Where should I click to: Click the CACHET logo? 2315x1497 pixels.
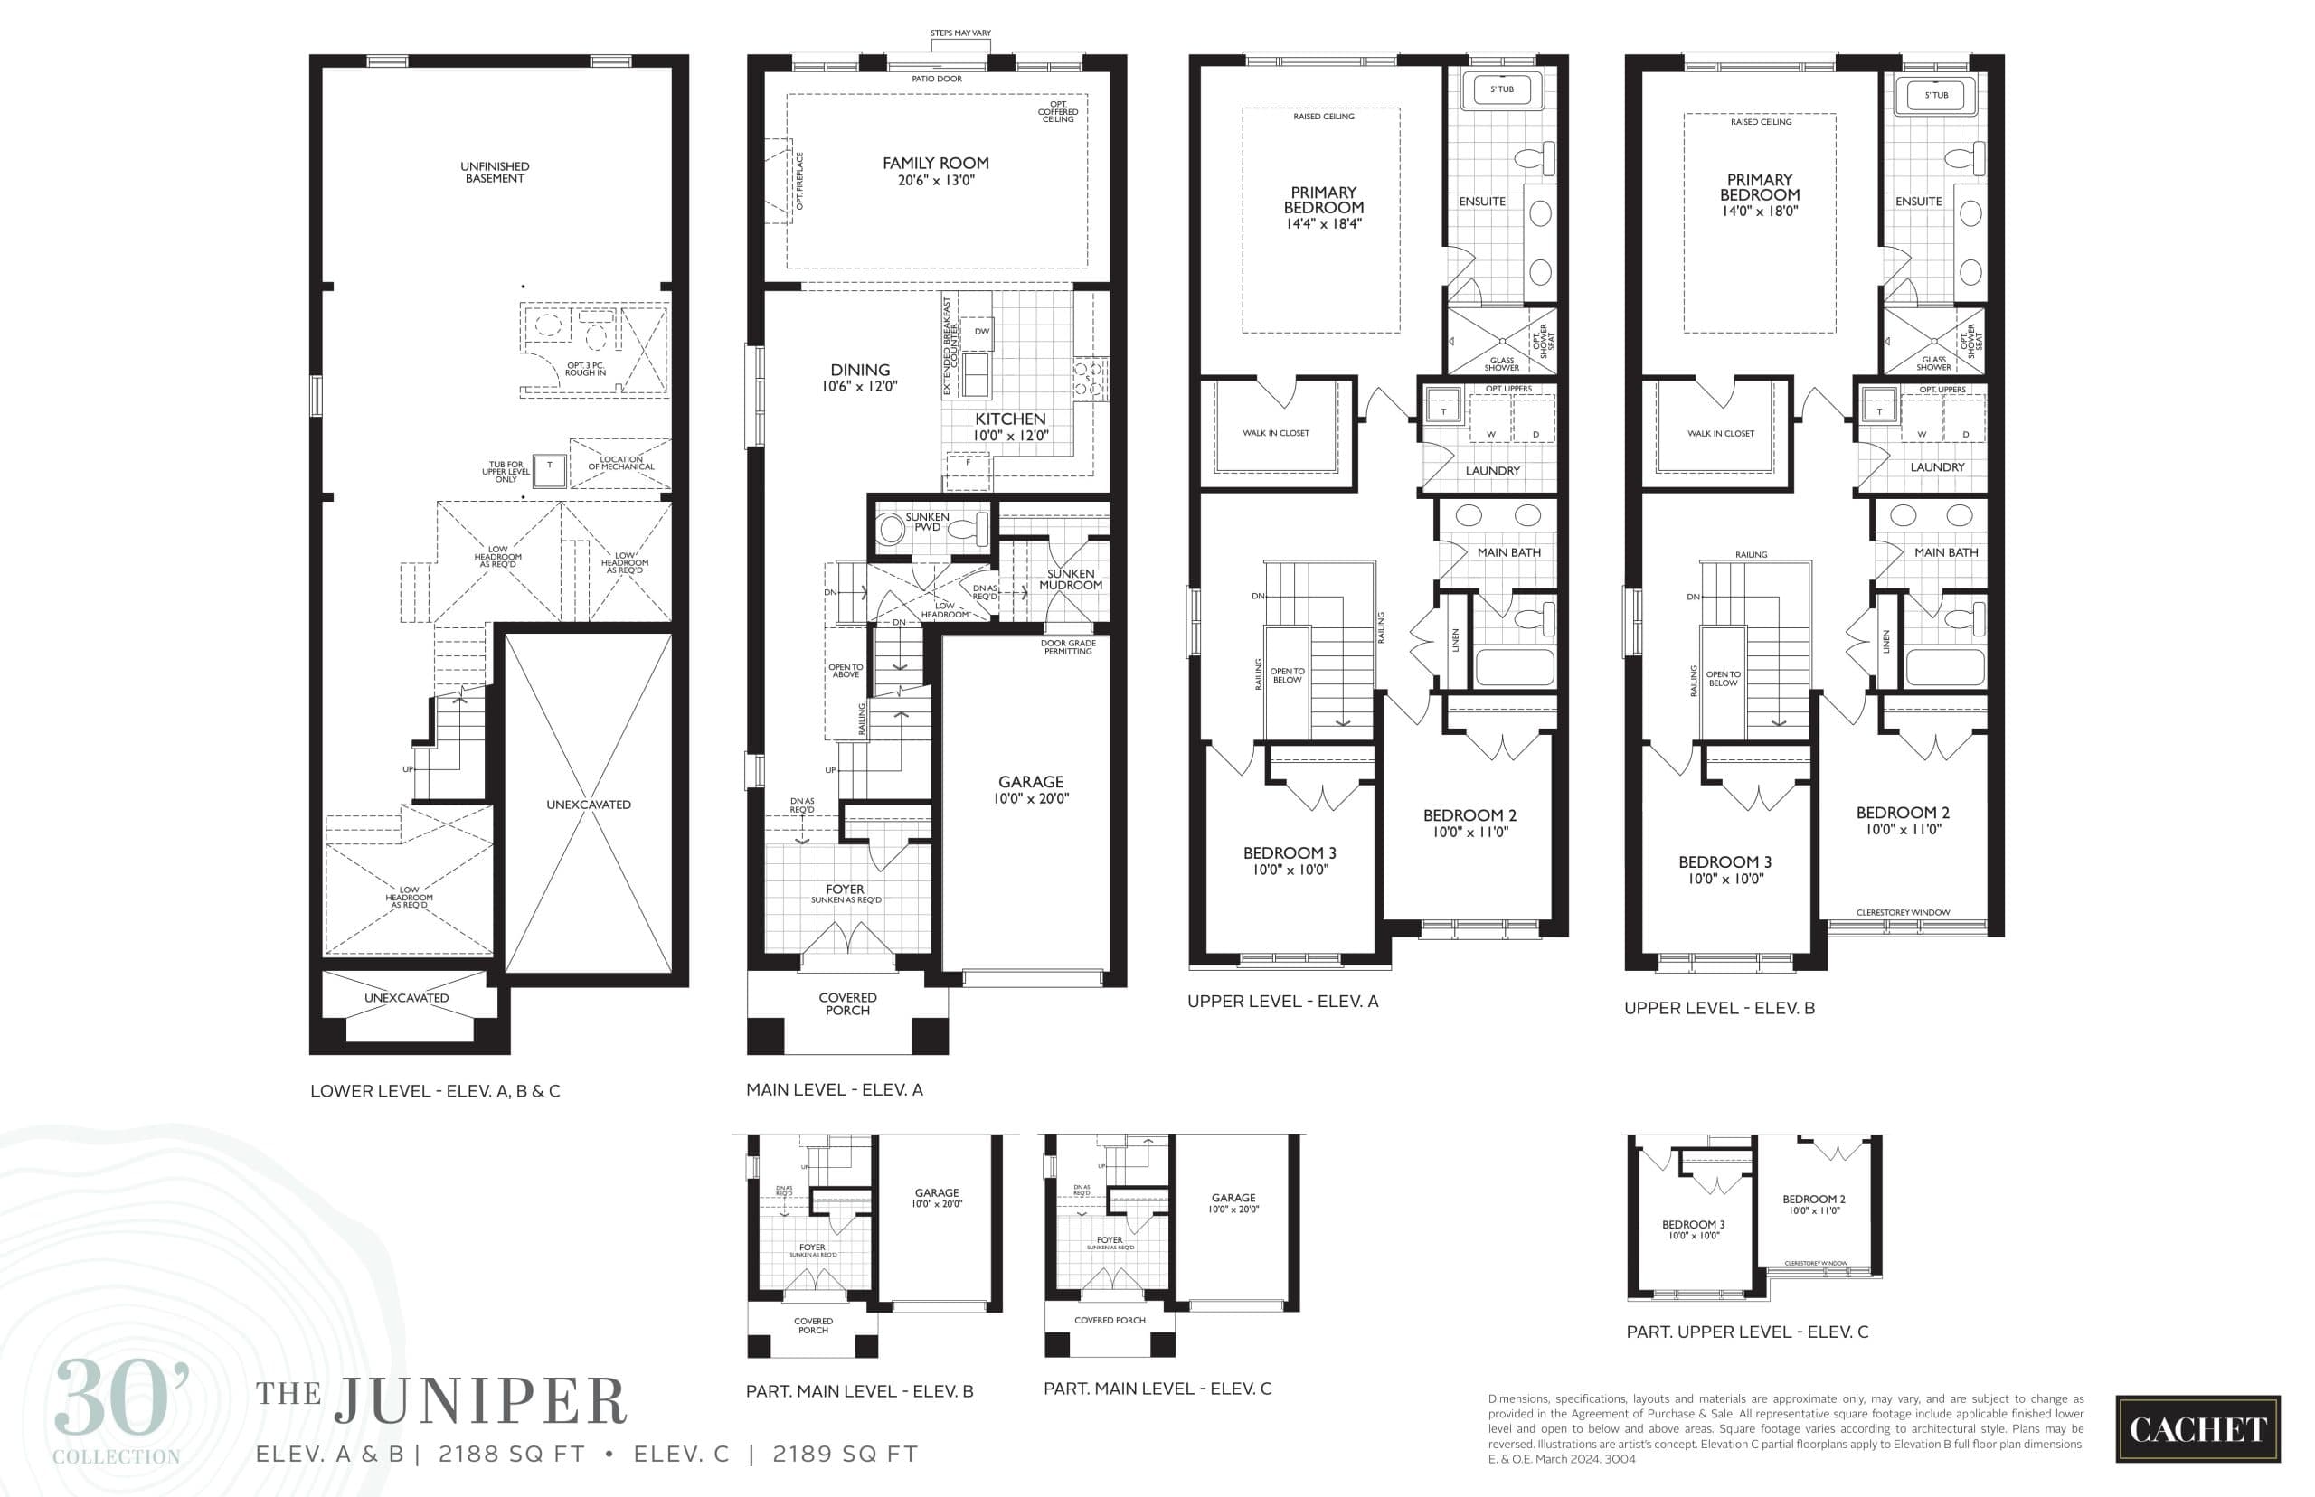pyautogui.click(x=2197, y=1428)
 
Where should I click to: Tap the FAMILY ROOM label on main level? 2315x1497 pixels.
pyautogui.click(x=935, y=164)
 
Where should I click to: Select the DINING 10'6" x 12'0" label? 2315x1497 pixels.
pyautogui.click(x=859, y=377)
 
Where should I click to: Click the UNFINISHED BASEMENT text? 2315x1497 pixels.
pyautogui.click(x=494, y=172)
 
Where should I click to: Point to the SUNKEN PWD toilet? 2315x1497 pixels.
pyautogui.click(x=969, y=530)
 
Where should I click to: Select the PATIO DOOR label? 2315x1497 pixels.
pyautogui.click(x=936, y=79)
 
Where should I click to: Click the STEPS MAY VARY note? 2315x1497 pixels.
pyautogui.click(x=959, y=33)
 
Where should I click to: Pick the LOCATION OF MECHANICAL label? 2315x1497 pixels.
pyautogui.click(x=620, y=463)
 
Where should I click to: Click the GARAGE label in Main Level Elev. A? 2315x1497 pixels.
pyautogui.click(x=1031, y=782)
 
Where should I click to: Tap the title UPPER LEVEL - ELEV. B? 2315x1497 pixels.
pyautogui.click(x=1718, y=1008)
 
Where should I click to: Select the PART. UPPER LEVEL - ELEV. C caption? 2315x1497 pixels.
pyautogui.click(x=1746, y=1332)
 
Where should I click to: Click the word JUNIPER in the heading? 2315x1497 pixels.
pyautogui.click(x=481, y=1402)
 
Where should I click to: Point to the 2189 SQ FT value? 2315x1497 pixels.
pyautogui.click(x=844, y=1455)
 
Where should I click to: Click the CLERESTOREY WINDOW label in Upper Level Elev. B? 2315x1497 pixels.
pyautogui.click(x=1902, y=913)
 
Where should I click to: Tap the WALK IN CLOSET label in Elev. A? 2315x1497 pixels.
pyautogui.click(x=1276, y=434)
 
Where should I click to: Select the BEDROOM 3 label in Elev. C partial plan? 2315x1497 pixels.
pyautogui.click(x=1693, y=1225)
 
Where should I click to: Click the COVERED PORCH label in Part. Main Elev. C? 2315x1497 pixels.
pyautogui.click(x=1110, y=1320)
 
